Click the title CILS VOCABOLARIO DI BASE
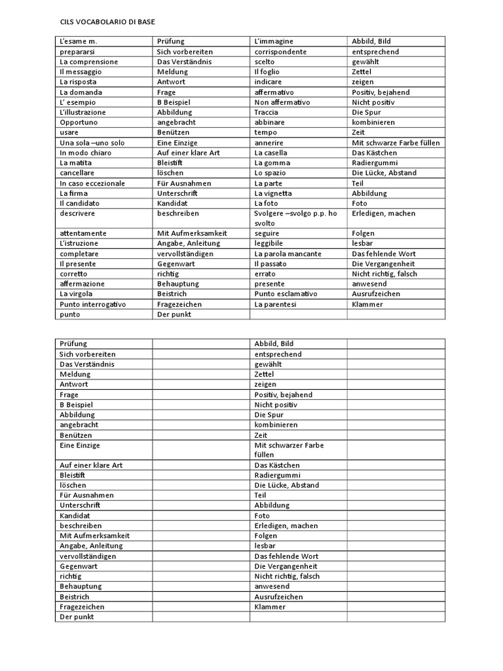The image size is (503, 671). pos(103,21)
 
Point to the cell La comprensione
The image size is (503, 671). pos(88,62)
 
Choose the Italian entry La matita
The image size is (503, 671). pos(73,163)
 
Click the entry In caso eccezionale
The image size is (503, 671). pos(92,183)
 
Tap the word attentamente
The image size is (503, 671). pos(83,233)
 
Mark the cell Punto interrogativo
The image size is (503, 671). pos(92,305)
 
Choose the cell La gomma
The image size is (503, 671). pos(272,163)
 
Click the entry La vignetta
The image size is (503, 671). pos(273,193)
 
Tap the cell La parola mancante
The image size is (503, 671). pos(288,254)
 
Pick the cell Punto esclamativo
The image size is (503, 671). pos(286,294)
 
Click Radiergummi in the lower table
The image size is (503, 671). pos(277,475)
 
